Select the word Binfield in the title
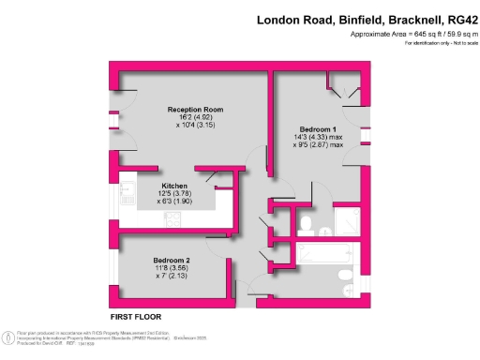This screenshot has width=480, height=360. [344, 20]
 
